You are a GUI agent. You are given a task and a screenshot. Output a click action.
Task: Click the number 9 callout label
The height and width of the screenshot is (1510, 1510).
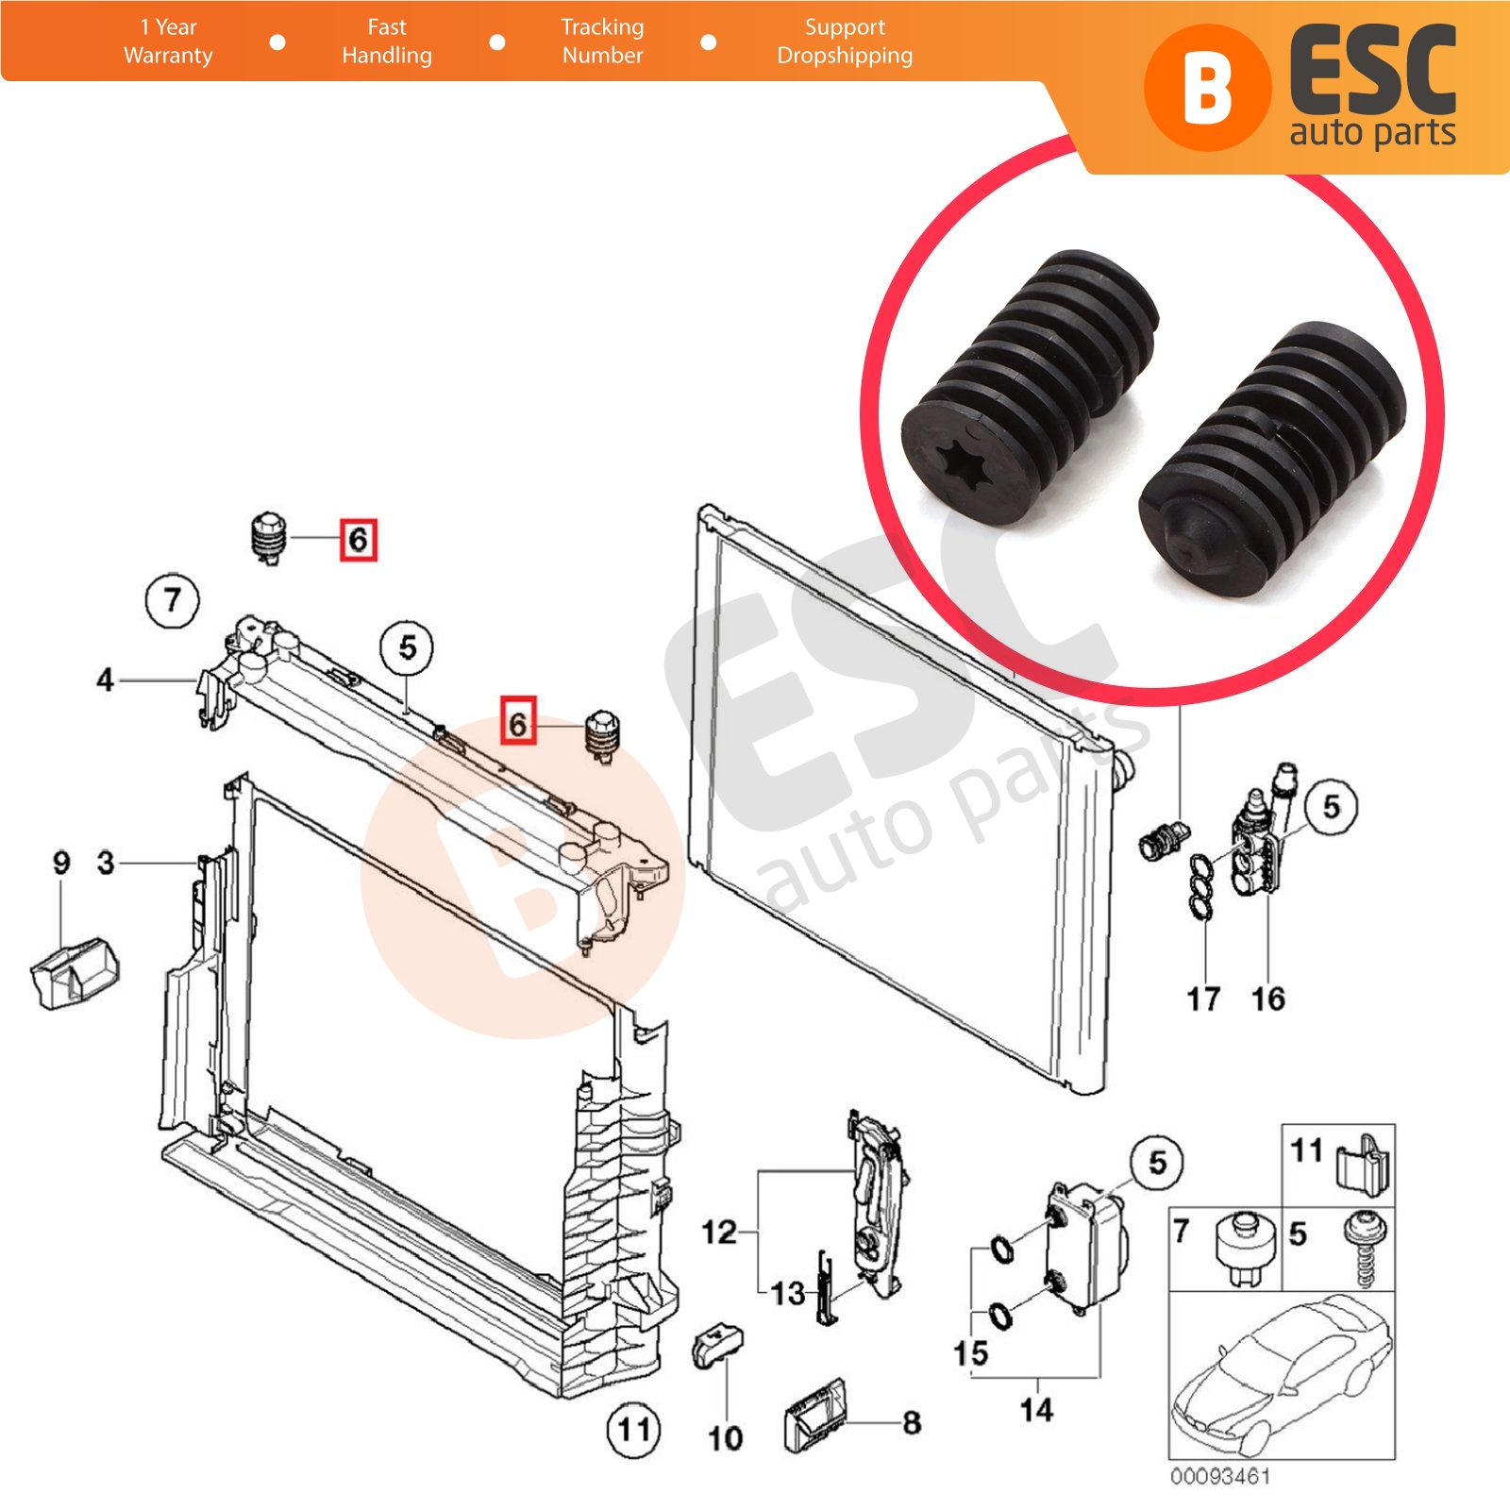(61, 862)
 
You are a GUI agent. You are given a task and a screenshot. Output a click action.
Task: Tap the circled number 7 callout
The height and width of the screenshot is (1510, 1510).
(172, 599)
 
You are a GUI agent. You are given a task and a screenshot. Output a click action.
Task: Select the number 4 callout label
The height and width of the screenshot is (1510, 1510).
(105, 679)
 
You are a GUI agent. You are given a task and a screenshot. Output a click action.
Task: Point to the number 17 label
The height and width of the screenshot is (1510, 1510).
(1203, 998)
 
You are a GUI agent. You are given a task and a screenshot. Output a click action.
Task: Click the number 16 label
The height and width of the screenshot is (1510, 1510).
(1267, 998)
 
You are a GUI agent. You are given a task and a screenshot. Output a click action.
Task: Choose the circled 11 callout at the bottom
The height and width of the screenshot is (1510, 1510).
(633, 1429)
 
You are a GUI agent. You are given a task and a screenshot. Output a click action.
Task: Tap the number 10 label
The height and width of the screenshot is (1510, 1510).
(725, 1438)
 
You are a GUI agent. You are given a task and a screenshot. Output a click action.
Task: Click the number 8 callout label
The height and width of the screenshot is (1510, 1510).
(912, 1422)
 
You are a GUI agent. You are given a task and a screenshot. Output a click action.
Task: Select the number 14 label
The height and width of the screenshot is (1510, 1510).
(1036, 1410)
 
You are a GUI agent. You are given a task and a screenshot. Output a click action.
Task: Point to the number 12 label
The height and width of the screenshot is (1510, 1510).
(719, 1232)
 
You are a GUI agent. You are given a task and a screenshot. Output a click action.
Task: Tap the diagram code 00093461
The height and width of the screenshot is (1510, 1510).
(1220, 1476)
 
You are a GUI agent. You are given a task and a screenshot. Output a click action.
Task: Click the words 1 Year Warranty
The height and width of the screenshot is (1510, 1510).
(168, 42)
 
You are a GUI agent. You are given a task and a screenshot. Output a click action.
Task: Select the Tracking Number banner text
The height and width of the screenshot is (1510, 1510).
(602, 42)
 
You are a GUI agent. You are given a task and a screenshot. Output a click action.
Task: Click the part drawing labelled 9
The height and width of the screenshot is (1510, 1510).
(75, 971)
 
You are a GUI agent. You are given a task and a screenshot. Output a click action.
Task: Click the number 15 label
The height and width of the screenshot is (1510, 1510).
(970, 1353)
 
